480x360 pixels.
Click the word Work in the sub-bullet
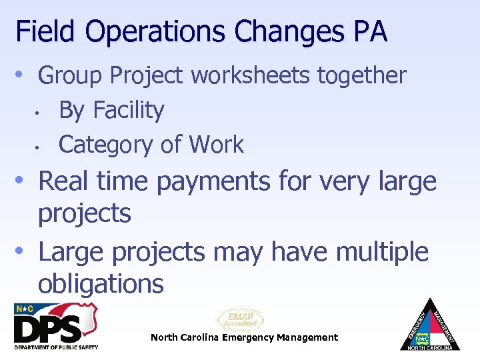coord(217,144)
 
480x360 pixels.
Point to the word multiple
coord(382,252)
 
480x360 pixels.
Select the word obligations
coord(101,284)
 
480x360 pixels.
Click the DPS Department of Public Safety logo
coord(56,327)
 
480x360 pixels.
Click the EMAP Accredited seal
coord(241,320)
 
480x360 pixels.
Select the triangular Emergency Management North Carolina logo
coord(430,325)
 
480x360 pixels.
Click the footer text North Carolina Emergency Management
coord(244,337)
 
